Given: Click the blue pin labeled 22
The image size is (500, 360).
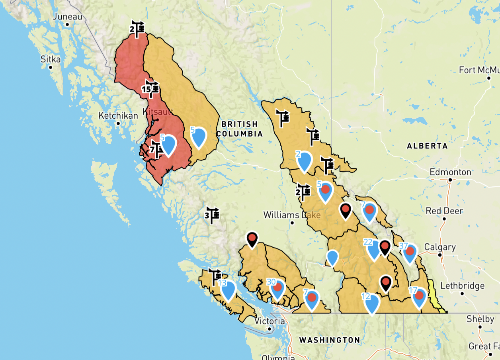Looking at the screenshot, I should pyautogui.click(x=373, y=250).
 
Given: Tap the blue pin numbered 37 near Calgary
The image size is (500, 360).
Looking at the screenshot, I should pyautogui.click(x=410, y=253).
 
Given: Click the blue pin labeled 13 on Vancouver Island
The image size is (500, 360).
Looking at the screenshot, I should pyautogui.click(x=228, y=290).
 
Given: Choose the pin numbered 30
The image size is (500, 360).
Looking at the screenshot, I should pyautogui.click(x=277, y=289).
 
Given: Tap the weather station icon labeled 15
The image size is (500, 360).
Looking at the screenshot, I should pyautogui.click(x=151, y=88).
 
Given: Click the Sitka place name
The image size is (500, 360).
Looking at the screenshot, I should pyautogui.click(x=51, y=60).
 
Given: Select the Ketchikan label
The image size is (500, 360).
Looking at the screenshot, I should pyautogui.click(x=118, y=116).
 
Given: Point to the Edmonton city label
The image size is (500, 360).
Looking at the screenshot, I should pyautogui.click(x=450, y=172).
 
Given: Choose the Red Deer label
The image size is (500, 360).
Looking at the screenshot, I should pyautogui.click(x=444, y=211).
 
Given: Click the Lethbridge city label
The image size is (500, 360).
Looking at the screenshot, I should pyautogui.click(x=463, y=286).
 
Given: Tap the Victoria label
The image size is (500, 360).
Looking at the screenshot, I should pyautogui.click(x=270, y=321).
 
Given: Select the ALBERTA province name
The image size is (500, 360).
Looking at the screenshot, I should pyautogui.click(x=427, y=146).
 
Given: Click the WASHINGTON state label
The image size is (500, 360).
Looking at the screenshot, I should pyautogui.click(x=330, y=340).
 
